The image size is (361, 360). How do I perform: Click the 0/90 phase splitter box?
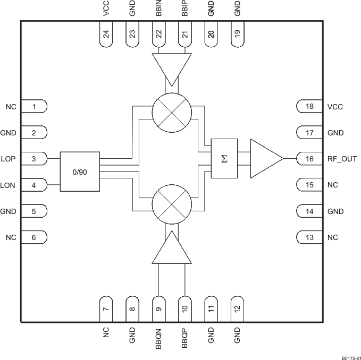[80, 172]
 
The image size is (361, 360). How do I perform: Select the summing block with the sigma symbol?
[224, 158]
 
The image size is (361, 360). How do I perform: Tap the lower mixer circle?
[171, 205]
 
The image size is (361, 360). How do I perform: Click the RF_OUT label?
[342, 159]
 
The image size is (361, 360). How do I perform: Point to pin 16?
[309, 159]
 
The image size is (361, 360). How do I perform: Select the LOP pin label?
[9, 159]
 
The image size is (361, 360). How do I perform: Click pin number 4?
[33, 185]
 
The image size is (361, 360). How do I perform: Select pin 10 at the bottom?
[184, 308]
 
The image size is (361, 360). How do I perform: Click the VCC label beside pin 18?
[335, 107]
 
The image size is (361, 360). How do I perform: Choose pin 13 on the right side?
[309, 237]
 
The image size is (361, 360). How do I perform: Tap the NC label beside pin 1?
[11, 107]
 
